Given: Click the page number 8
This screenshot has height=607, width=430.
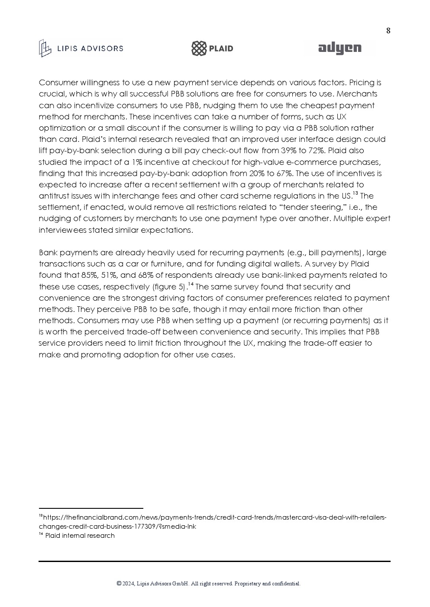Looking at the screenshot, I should coord(388,30).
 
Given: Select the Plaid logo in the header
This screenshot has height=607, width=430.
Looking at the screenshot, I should coord(212,48).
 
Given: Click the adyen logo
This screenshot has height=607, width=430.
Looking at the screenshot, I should coord(339,48).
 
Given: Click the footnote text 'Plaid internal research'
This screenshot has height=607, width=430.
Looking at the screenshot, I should coord(80,536).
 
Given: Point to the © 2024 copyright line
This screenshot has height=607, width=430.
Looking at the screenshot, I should coord(208,584).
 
